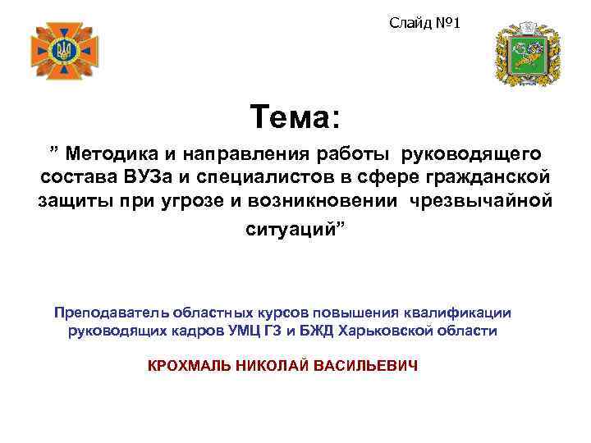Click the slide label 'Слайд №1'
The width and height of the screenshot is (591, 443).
click(x=424, y=23)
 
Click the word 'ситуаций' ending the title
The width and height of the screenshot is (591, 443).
click(x=292, y=228)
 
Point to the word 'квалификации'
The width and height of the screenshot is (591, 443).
click(x=465, y=313)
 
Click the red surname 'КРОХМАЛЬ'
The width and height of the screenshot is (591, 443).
click(x=187, y=365)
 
